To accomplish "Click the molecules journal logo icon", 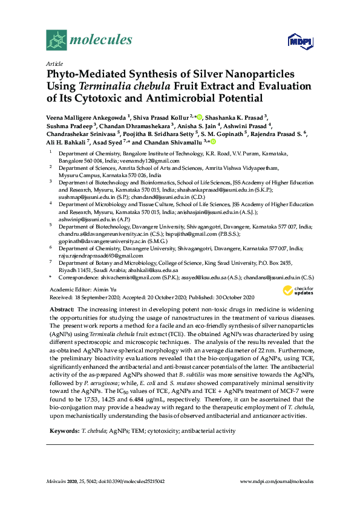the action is pyautogui.click(x=56, y=41).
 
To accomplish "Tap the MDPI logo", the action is pyautogui.click(x=300, y=42).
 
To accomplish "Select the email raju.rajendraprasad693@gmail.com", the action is pyautogui.click(x=99, y=256).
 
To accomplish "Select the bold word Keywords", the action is pyautogui.click(x=62, y=430).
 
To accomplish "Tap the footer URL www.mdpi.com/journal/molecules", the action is pyautogui.click(x=277, y=481).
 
